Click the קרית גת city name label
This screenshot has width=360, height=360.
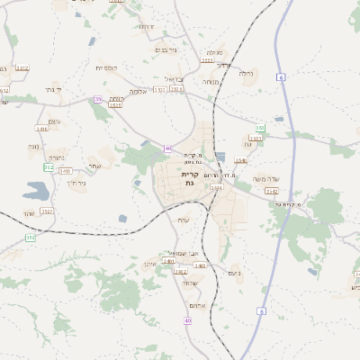189,177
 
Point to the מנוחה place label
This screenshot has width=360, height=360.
210,82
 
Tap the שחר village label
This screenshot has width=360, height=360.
94,165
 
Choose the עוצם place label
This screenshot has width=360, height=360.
50,121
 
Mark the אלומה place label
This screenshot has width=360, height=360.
138,92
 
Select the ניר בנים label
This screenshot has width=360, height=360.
168,49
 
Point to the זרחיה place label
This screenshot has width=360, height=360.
146,27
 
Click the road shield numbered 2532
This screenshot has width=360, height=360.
47,211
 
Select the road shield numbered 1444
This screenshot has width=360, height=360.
216,187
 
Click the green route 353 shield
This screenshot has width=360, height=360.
260,129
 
